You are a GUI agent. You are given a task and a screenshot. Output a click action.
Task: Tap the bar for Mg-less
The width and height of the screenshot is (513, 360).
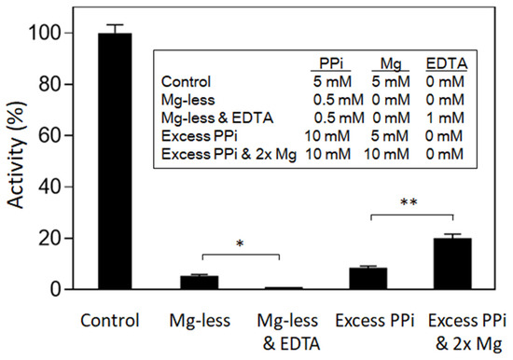(x=200, y=283)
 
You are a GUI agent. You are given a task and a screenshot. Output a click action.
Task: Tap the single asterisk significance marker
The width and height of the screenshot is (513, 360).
(x=240, y=244)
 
